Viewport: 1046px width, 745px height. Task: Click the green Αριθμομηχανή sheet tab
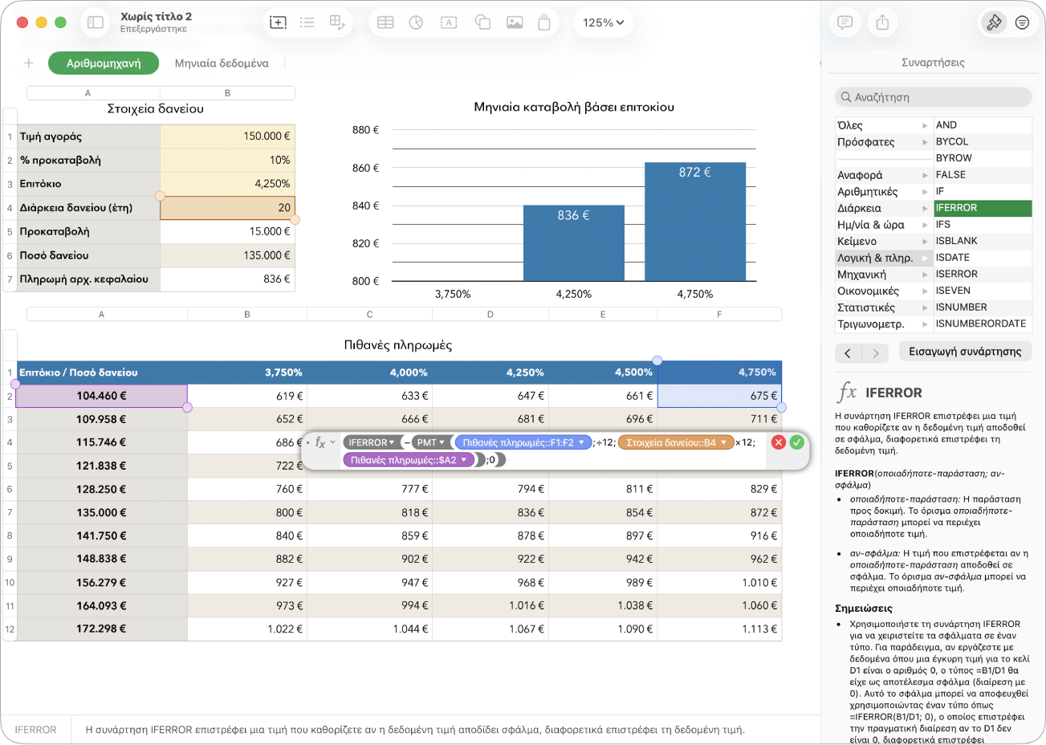click(104, 63)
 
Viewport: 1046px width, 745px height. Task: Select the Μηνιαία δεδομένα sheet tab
click(222, 63)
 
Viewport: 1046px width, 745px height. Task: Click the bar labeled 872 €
click(695, 222)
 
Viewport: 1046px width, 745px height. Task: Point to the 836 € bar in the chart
click(573, 243)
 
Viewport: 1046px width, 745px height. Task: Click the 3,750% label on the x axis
click(453, 295)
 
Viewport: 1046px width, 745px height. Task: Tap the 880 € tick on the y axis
click(365, 130)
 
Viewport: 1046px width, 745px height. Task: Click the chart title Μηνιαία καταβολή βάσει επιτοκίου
click(574, 107)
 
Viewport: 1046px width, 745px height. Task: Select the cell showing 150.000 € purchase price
click(227, 136)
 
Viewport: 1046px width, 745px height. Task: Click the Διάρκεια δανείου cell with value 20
click(227, 208)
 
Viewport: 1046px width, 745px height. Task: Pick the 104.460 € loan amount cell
click(101, 396)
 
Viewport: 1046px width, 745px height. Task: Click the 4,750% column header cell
click(719, 372)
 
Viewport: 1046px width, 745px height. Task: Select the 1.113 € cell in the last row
click(719, 629)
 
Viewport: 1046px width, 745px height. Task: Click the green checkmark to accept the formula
click(796, 442)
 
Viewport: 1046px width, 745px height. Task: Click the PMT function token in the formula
click(429, 442)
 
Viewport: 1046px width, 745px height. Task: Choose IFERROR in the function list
click(983, 208)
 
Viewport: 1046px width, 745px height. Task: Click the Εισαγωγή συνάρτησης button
click(965, 352)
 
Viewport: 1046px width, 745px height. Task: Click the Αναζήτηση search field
click(933, 97)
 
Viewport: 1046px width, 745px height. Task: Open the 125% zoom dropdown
click(603, 22)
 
